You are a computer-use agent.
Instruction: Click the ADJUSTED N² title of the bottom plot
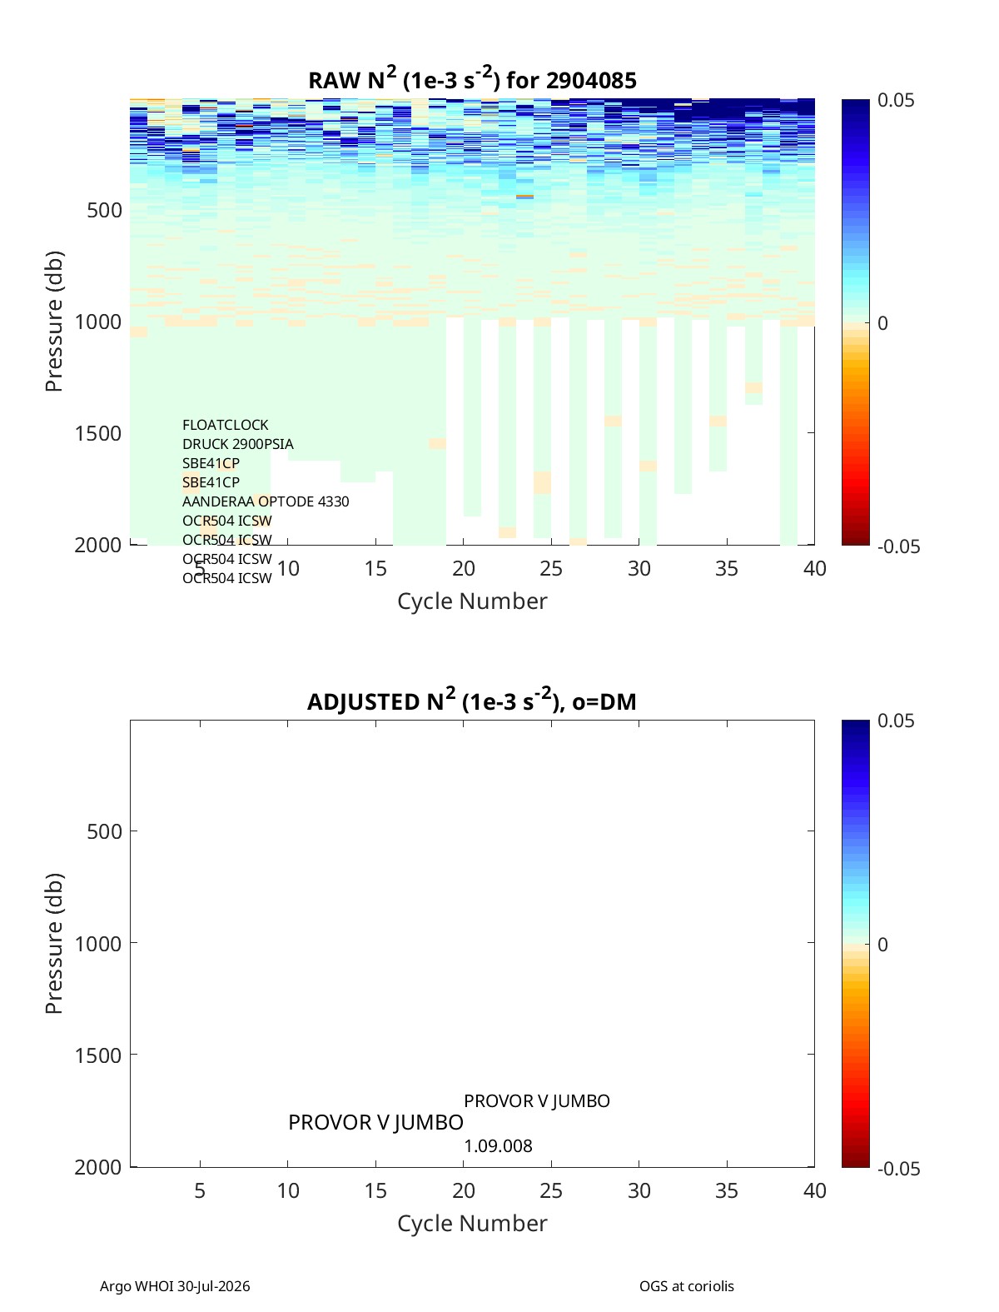coord(472,701)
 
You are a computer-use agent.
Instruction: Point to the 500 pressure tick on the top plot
coord(105,210)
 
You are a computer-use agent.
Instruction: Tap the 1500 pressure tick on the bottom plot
coord(98,1055)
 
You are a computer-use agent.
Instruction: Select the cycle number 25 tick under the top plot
coord(550,568)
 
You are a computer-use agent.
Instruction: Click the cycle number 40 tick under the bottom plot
coord(814,1190)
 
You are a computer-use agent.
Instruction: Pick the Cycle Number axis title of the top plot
coord(472,601)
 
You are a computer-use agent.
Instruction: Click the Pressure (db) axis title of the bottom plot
coord(54,944)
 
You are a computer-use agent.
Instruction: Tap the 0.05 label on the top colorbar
coord(896,101)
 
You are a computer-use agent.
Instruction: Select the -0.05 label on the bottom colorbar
coord(898,1169)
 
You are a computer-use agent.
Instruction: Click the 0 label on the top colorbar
coord(882,323)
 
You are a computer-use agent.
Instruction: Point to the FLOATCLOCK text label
coord(225,425)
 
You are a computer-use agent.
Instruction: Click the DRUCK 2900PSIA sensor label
coord(237,444)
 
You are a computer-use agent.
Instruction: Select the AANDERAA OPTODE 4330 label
coord(266,501)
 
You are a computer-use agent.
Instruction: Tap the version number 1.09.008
coord(498,1146)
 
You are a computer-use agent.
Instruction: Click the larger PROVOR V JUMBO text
coord(375,1123)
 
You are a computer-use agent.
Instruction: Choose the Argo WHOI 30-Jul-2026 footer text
coord(175,1286)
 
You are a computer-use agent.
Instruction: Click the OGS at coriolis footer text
coord(687,1286)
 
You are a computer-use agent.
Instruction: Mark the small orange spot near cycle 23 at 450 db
coord(524,196)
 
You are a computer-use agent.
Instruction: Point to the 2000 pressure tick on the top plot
coord(98,545)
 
